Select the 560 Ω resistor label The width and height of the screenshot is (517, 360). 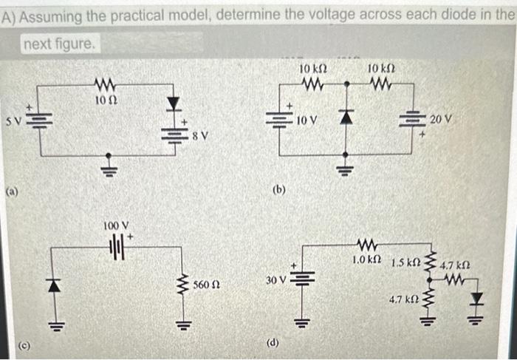[x=205, y=284]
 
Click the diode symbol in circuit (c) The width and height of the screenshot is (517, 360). [x=52, y=284]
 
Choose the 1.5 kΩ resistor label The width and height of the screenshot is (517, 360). [x=405, y=262]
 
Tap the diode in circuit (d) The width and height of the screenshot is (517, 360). [x=477, y=299]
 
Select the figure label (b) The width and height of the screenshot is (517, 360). [x=278, y=189]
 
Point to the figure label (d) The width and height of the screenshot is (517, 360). [x=273, y=342]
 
